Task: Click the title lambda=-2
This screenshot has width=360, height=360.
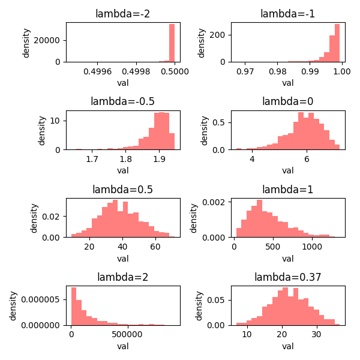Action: (x=122, y=14)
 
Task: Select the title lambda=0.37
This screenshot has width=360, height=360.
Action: (x=287, y=277)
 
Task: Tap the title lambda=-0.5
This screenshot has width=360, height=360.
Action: (x=122, y=101)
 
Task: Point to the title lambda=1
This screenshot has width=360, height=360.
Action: (x=287, y=190)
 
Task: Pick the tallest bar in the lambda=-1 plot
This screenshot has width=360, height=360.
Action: (x=337, y=43)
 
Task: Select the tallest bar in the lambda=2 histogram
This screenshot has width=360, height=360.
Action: (x=74, y=306)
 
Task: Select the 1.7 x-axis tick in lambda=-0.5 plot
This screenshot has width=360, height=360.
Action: (x=92, y=160)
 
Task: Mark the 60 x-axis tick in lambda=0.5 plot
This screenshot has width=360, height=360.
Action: (x=155, y=247)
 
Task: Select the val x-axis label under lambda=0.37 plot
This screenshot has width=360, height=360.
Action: (x=287, y=346)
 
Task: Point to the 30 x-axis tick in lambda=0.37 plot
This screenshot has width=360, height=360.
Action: (x=320, y=335)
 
